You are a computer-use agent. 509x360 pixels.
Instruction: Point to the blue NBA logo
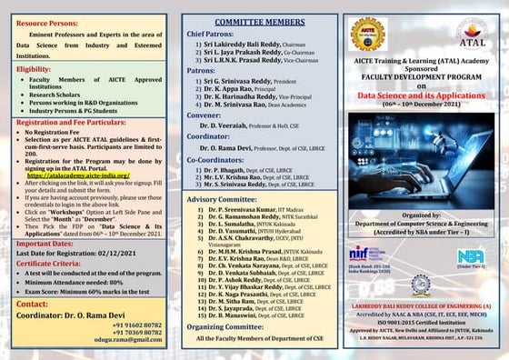coord(471,255)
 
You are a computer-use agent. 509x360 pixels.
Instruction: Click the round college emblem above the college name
coord(419,286)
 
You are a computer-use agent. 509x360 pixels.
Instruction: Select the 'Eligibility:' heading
coord(34,68)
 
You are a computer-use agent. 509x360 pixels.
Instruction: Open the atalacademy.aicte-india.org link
coord(85,175)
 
